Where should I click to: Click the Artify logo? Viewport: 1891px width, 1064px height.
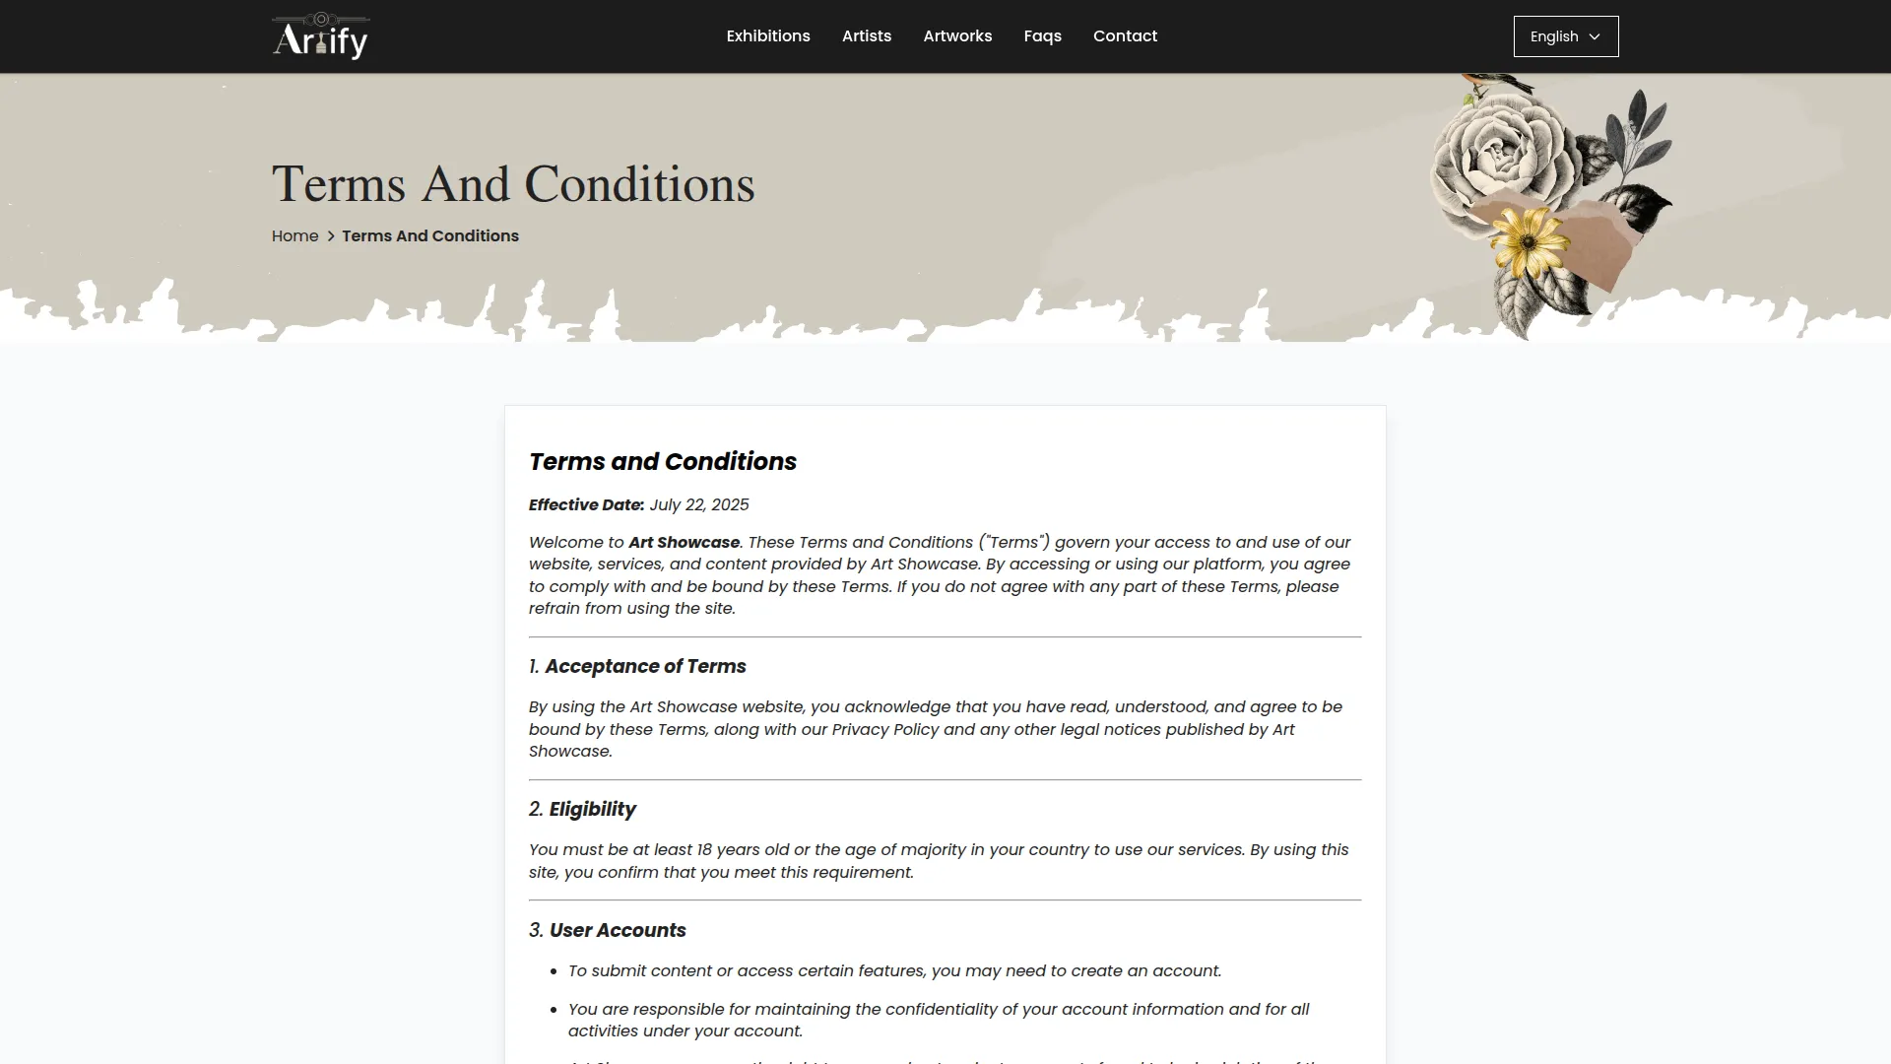[x=320, y=36]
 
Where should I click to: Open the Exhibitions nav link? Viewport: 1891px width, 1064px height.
[x=768, y=36]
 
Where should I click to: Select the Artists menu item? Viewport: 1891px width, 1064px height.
[x=867, y=36]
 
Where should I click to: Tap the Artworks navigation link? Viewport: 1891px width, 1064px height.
[x=957, y=36]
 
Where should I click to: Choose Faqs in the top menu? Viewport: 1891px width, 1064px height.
[x=1042, y=36]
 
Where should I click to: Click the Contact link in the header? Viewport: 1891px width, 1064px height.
[x=1125, y=36]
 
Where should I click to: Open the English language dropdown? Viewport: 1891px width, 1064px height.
[x=1565, y=36]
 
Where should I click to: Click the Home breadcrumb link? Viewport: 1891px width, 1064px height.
[x=294, y=236]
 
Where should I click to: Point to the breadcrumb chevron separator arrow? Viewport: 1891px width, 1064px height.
[x=331, y=236]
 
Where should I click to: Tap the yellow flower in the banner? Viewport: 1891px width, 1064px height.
[x=1528, y=242]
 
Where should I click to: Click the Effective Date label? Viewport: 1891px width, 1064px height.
[x=586, y=505]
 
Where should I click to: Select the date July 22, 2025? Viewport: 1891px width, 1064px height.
[x=699, y=505]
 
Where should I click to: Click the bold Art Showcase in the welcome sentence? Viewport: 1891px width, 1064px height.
[x=684, y=543]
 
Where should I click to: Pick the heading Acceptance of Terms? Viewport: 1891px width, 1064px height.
[x=645, y=667]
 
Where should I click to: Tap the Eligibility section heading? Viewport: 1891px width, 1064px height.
[x=592, y=810]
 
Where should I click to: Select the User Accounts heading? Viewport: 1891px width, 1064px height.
[x=618, y=931]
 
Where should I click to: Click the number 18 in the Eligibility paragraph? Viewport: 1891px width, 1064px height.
[x=704, y=850]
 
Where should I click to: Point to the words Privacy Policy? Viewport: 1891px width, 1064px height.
[x=885, y=730]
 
